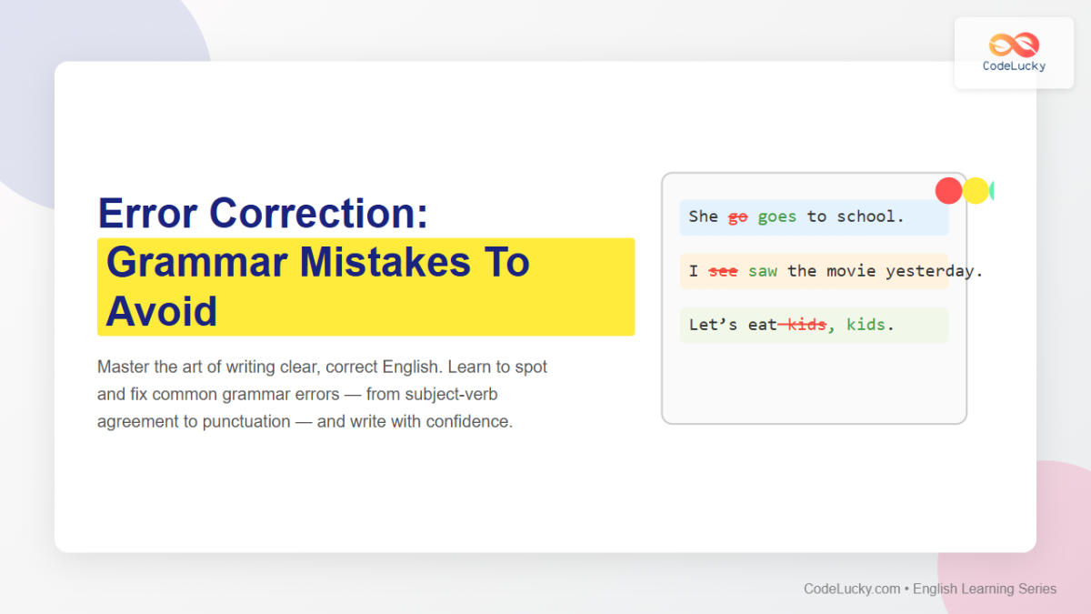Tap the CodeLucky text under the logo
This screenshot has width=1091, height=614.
click(1014, 66)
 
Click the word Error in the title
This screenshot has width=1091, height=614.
click(148, 214)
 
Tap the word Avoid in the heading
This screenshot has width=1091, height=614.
click(161, 312)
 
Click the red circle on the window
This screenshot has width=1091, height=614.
click(948, 190)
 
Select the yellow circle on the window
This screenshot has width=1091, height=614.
click(976, 190)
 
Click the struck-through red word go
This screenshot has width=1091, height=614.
click(737, 216)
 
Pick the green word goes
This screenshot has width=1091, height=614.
click(776, 216)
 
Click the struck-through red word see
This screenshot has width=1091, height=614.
click(723, 271)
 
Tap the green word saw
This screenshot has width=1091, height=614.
click(763, 271)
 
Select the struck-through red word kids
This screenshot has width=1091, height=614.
click(806, 325)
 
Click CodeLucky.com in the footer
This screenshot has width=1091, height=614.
click(851, 589)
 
